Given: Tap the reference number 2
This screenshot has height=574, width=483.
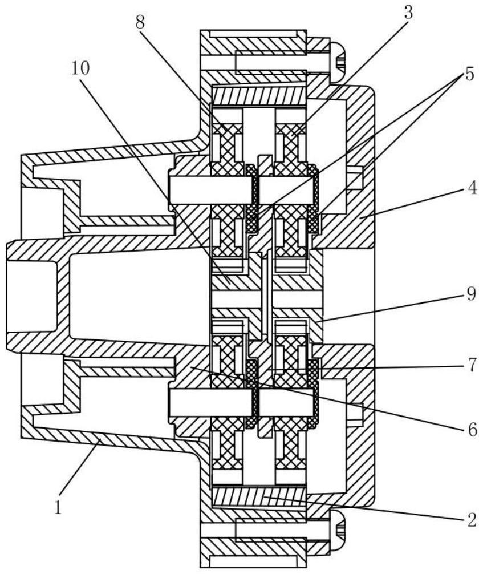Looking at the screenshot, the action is (472, 520).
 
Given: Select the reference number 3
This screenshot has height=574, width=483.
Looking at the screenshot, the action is (408, 12).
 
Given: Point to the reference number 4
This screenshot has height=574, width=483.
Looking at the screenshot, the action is (472, 188).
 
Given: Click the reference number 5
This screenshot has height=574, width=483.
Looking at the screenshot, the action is (469, 74).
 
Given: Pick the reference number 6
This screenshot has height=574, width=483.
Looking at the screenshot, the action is (472, 430).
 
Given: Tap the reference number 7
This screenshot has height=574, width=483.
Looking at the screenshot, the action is (472, 365).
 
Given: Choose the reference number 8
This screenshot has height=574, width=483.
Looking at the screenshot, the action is (139, 22).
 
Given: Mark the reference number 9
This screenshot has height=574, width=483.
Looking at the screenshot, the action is (471, 294).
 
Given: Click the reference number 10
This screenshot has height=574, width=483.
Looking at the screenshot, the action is (80, 68).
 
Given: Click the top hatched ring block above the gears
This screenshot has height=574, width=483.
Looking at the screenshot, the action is (259, 96).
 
